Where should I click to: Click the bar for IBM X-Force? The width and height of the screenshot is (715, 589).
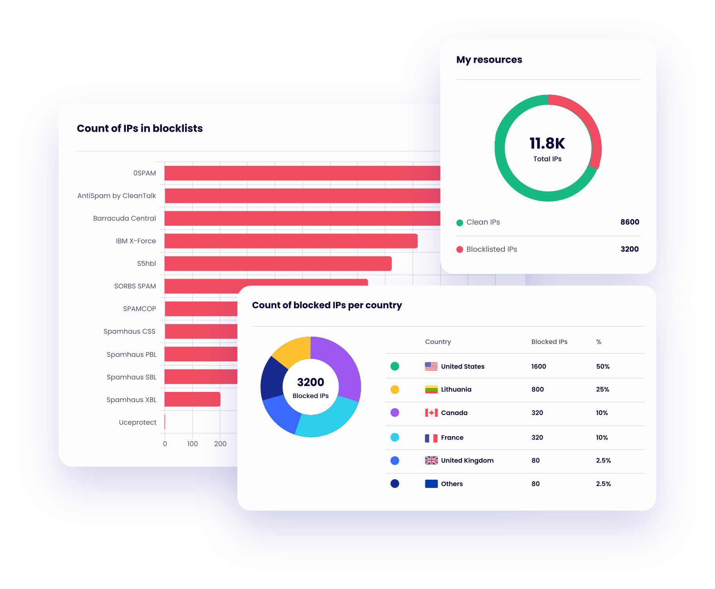(290, 241)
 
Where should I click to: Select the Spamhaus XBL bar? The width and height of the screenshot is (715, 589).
(192, 399)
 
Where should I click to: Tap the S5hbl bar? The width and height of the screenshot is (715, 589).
(278, 264)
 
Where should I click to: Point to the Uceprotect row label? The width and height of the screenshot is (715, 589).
(137, 422)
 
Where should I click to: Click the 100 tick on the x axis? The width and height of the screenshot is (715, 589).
(192, 444)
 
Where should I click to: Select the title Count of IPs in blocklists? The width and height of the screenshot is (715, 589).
(140, 129)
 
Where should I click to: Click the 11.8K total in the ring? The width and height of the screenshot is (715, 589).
(547, 143)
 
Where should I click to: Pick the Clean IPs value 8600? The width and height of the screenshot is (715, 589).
(630, 222)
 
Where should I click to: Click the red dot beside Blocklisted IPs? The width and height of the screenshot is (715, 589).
(460, 250)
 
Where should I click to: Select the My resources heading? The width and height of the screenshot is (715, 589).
(489, 60)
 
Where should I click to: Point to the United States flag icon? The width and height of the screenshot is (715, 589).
(431, 366)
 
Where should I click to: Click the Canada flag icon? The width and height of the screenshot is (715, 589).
(431, 413)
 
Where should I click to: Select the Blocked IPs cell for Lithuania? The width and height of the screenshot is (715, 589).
(537, 390)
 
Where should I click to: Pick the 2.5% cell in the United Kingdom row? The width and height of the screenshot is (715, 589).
(603, 460)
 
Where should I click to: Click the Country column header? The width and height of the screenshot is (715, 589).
(438, 342)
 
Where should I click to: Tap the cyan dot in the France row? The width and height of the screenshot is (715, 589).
(395, 437)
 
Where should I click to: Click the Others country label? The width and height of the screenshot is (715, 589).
(452, 484)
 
